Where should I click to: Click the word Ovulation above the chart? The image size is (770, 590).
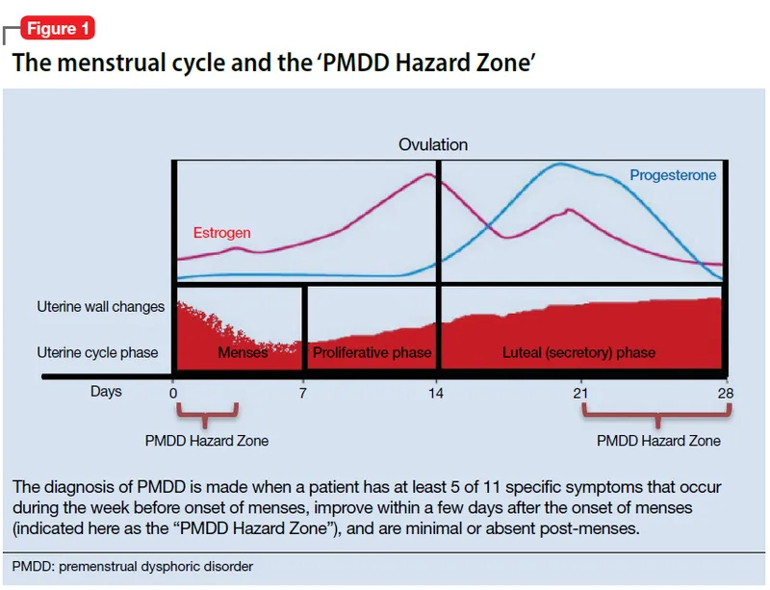coord(433,144)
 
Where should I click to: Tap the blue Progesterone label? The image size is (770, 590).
coord(673,175)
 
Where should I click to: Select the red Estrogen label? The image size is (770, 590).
coord(221,233)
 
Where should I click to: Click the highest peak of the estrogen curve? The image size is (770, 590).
coord(428,174)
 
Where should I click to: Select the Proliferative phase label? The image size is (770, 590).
coord(372,353)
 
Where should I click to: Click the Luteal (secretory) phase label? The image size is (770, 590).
coord(578,353)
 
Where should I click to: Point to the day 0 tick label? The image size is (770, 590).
coord(173,393)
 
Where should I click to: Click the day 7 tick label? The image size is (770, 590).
coord(303,393)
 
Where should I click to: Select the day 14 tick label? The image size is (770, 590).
coord(437,393)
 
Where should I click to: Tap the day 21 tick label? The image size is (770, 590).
coord(579,393)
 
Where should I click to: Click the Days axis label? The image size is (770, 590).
coord(106,393)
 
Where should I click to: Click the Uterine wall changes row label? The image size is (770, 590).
coord(101,307)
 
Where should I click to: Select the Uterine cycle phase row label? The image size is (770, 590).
coord(97,353)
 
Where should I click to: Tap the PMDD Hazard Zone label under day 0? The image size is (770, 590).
coord(207,441)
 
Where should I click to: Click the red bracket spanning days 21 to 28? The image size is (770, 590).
coord(657,416)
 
